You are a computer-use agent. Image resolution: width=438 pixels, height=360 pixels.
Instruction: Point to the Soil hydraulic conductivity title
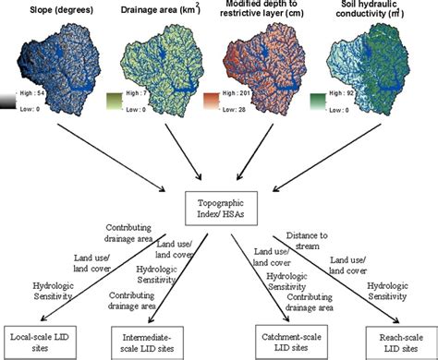click(381, 14)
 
